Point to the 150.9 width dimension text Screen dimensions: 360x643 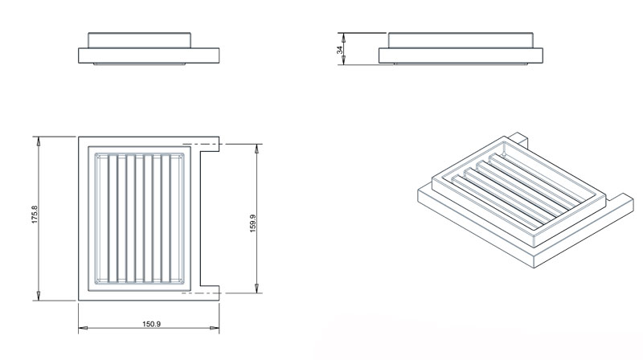(149, 324)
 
